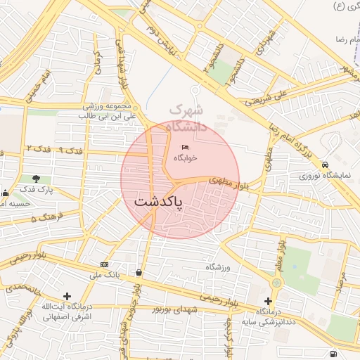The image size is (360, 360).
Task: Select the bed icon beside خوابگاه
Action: pyautogui.click(x=185, y=147)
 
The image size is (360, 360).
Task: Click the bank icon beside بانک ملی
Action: pyautogui.click(x=105, y=264)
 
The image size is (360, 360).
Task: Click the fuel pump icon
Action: pyautogui.click(x=332, y=353)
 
